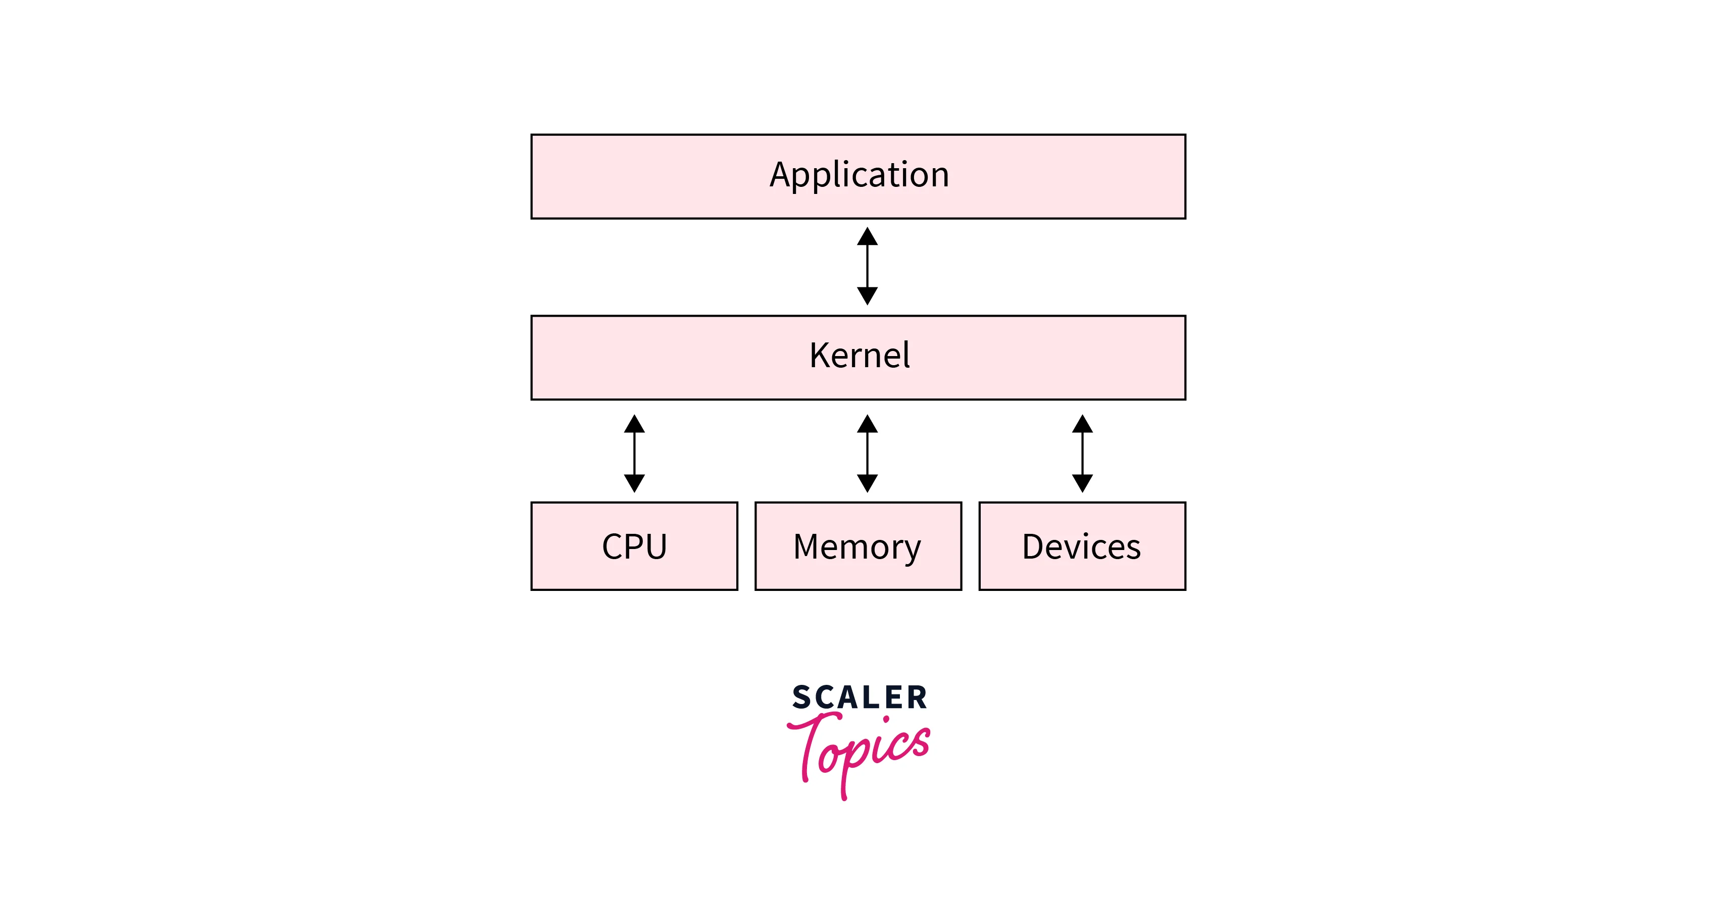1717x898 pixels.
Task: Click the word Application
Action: (x=858, y=175)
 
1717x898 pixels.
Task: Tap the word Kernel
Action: (x=858, y=356)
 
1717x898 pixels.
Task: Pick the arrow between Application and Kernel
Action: (x=867, y=266)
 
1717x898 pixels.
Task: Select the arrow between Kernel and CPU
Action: (x=635, y=454)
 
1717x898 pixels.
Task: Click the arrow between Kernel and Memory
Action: (x=867, y=454)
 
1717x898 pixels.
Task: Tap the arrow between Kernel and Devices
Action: (x=1082, y=454)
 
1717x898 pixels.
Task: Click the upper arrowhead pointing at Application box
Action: (x=867, y=237)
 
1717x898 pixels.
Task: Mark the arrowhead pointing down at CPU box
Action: (x=635, y=483)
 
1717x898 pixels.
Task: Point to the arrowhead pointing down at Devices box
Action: (x=1082, y=483)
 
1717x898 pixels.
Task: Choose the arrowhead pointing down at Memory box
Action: (x=867, y=483)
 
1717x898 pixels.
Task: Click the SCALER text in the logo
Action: (x=859, y=697)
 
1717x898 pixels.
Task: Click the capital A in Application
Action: (x=782, y=175)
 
